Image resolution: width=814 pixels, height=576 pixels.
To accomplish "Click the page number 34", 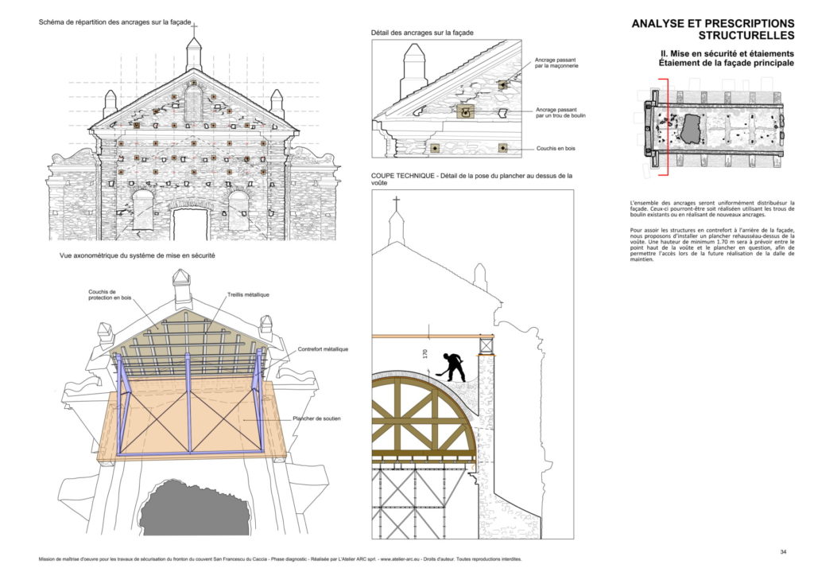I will [783, 551].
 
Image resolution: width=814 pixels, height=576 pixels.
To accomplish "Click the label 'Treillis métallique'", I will [248, 294].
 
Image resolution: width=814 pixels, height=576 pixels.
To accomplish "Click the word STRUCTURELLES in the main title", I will [746, 36].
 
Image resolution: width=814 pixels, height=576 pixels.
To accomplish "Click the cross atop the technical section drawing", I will [396, 202].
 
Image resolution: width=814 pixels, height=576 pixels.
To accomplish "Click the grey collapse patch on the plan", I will [692, 129].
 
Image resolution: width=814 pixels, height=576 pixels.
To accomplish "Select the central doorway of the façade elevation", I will [190, 224].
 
